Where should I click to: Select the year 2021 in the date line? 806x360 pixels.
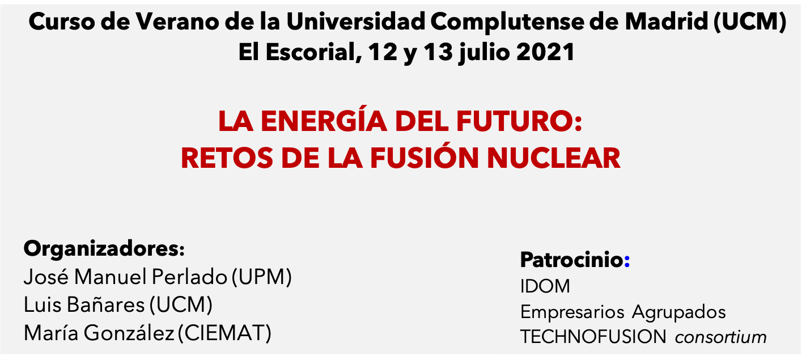[x=545, y=52]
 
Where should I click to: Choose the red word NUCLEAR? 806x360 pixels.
[x=554, y=158]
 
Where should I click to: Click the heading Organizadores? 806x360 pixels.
[x=104, y=249]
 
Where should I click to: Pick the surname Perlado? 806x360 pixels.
[x=189, y=277]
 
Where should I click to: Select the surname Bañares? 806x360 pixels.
[x=105, y=304]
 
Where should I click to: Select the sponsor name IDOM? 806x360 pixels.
[x=545, y=286]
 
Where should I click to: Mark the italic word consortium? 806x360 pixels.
[x=721, y=337]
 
